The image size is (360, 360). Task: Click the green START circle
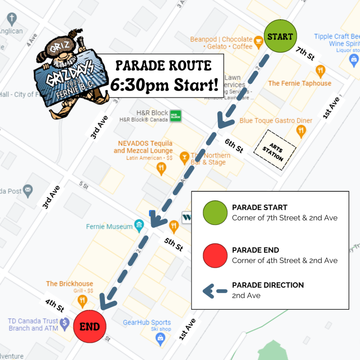[280, 36]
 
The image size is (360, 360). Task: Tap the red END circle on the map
[90, 327]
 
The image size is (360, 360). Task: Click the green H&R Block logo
[175, 115]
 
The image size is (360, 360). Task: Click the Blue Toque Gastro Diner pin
[301, 131]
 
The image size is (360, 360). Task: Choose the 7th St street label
[305, 53]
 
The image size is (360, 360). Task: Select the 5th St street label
[174, 244]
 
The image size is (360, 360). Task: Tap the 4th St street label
[54, 306]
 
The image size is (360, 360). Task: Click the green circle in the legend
[215, 213]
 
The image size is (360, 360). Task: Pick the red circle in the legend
[215, 255]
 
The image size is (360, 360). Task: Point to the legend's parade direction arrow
[215, 291]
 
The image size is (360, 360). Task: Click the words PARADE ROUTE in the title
[163, 65]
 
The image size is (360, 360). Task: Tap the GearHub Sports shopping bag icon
[160, 339]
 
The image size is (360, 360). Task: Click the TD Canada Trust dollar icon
[64, 324]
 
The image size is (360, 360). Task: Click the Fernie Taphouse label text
[300, 83]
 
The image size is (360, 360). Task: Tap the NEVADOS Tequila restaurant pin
[161, 168]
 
